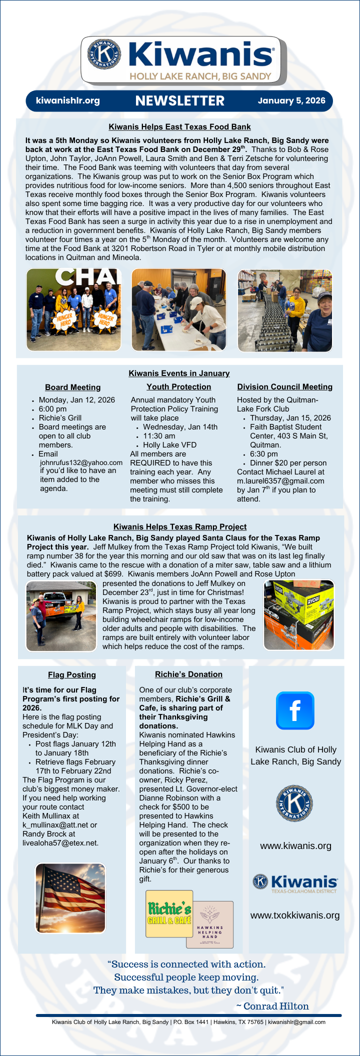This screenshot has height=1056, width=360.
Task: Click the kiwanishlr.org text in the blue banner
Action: point(68,100)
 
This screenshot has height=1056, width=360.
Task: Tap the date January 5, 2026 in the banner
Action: point(291,100)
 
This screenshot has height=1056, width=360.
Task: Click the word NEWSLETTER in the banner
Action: point(179,101)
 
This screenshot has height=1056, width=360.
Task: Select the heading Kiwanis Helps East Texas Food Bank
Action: point(179,127)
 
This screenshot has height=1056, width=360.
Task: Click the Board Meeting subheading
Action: point(72,387)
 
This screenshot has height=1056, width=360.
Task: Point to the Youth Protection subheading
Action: point(178,387)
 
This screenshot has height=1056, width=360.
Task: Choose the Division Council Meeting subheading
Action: point(284,387)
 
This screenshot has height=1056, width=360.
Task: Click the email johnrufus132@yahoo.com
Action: point(81,462)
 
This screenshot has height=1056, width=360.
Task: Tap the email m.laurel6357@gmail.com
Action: point(280,481)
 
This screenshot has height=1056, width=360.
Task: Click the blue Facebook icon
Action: point(295,710)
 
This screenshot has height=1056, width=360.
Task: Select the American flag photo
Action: point(70,898)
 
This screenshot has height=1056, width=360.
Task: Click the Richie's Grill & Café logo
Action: point(169,914)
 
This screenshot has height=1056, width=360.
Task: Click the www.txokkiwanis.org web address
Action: point(295,915)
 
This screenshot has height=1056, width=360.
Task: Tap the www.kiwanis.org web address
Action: point(295,846)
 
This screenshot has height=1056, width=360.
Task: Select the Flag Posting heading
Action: point(72,675)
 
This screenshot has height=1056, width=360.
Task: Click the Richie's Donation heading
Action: point(188,674)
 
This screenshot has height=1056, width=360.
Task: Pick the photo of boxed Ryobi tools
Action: point(298,615)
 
